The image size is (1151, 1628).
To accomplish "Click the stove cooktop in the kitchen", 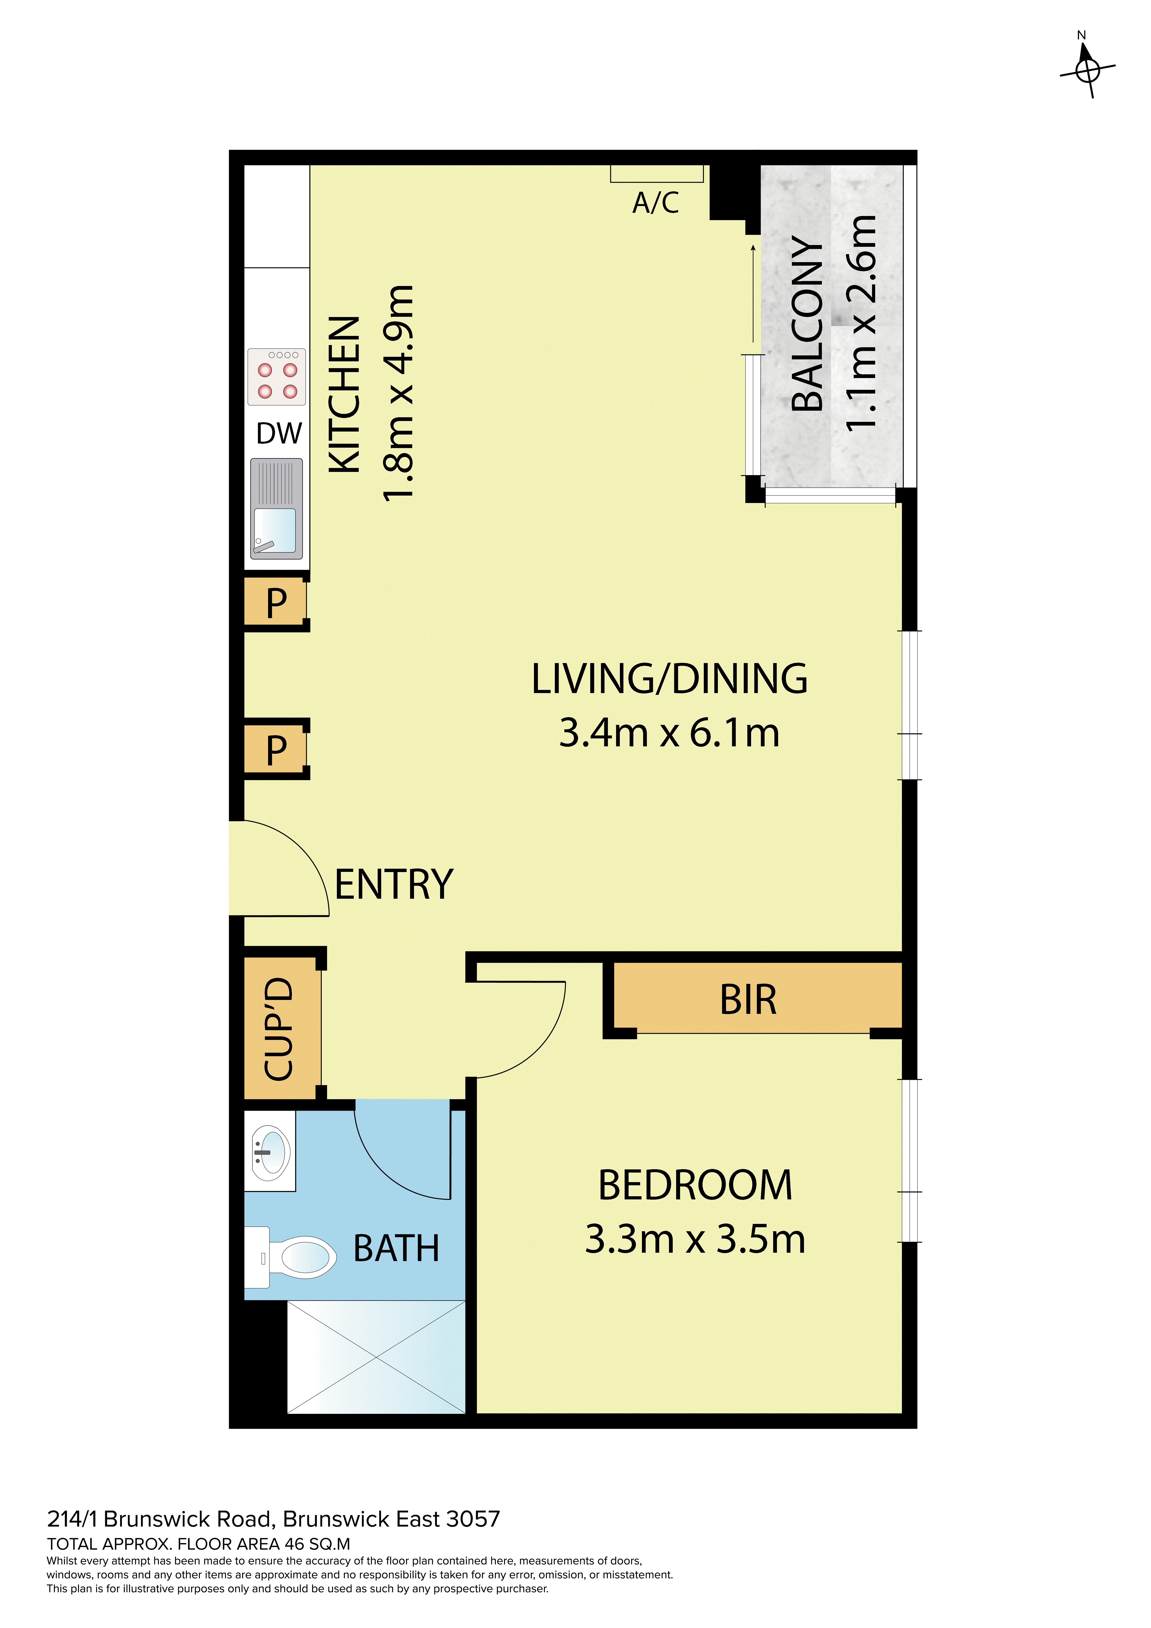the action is (277, 376).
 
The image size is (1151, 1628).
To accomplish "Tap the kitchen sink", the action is (277, 508).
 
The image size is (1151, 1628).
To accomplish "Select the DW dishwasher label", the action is (279, 433).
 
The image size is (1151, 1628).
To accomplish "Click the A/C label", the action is (656, 203).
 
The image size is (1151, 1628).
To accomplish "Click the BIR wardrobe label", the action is (748, 1000).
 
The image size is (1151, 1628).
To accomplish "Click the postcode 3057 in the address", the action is (473, 1519).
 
